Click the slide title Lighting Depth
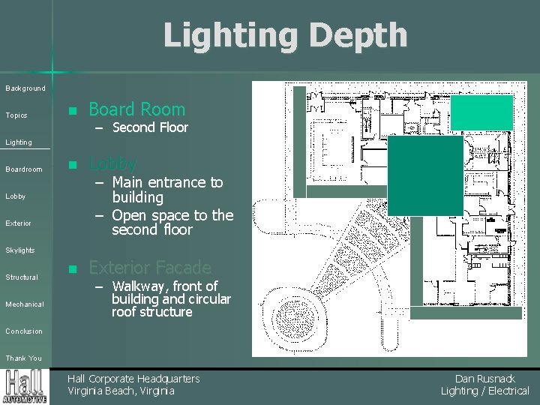[x=285, y=35]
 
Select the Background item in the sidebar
[x=25, y=88]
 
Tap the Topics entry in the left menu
[x=16, y=115]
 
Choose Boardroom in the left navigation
[x=24, y=169]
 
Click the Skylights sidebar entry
[x=20, y=250]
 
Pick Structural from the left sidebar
[x=22, y=277]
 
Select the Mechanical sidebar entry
[x=25, y=304]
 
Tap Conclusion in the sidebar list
[x=24, y=331]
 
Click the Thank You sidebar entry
[x=24, y=358]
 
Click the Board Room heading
[x=136, y=109]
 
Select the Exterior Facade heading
[x=149, y=267]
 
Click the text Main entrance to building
[x=166, y=190]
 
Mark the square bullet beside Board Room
[x=72, y=111]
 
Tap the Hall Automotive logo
[x=26, y=386]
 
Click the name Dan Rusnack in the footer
[x=484, y=379]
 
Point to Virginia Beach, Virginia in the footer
[x=121, y=391]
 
